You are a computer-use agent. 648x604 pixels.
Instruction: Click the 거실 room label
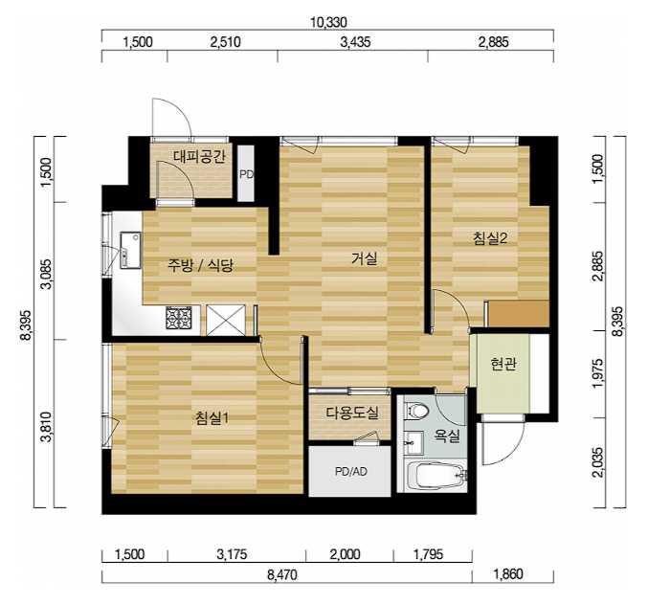click(364, 258)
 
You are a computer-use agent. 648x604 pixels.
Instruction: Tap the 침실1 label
click(212, 418)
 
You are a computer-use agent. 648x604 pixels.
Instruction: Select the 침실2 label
click(490, 238)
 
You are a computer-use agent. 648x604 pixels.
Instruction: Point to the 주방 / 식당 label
click(200, 265)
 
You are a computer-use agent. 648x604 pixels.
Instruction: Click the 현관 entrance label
click(503, 365)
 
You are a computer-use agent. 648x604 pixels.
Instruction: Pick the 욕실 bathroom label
click(446, 436)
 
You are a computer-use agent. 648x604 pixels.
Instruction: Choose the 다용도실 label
click(351, 413)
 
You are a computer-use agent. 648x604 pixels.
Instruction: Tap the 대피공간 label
click(199, 157)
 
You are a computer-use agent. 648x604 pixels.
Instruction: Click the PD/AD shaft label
click(351, 471)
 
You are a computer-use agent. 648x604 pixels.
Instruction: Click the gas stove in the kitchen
click(179, 318)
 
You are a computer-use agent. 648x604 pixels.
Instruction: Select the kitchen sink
click(130, 250)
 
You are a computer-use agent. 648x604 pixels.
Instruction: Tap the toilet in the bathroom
click(418, 412)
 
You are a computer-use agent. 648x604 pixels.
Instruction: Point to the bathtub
click(436, 476)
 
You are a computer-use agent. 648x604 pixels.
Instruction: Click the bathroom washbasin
click(413, 442)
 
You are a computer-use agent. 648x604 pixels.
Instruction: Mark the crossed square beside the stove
click(226, 320)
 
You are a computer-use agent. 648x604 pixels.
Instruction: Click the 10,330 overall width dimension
click(328, 22)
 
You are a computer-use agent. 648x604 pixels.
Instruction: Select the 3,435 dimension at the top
click(355, 42)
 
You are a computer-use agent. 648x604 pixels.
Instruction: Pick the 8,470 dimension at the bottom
click(281, 574)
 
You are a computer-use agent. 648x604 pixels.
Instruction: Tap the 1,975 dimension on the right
click(599, 373)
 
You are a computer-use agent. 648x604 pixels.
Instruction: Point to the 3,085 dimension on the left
click(47, 274)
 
